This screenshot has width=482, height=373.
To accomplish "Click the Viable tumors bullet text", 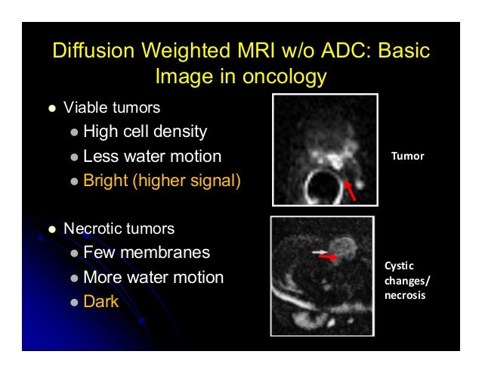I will click(x=112, y=107).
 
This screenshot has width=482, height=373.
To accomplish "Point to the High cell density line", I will click(x=145, y=132).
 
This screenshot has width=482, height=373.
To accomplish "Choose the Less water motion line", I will click(x=152, y=157).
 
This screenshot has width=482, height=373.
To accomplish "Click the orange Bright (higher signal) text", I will click(x=162, y=182).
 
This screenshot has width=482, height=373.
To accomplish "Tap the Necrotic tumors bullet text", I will click(x=119, y=228).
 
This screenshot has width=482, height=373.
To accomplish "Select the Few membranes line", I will click(x=147, y=253).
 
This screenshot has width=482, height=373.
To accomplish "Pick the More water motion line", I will click(x=153, y=277).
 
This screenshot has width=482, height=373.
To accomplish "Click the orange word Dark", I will click(x=101, y=302).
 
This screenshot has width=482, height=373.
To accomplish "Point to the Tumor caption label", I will click(x=408, y=157).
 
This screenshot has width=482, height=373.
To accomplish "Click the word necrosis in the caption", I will click(x=405, y=295).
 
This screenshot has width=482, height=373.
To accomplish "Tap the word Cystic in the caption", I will click(x=399, y=266).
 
